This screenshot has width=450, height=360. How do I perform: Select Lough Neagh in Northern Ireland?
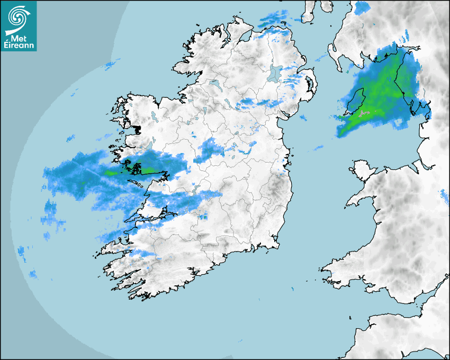[275, 73]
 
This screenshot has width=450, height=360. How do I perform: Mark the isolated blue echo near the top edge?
[363, 7]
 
